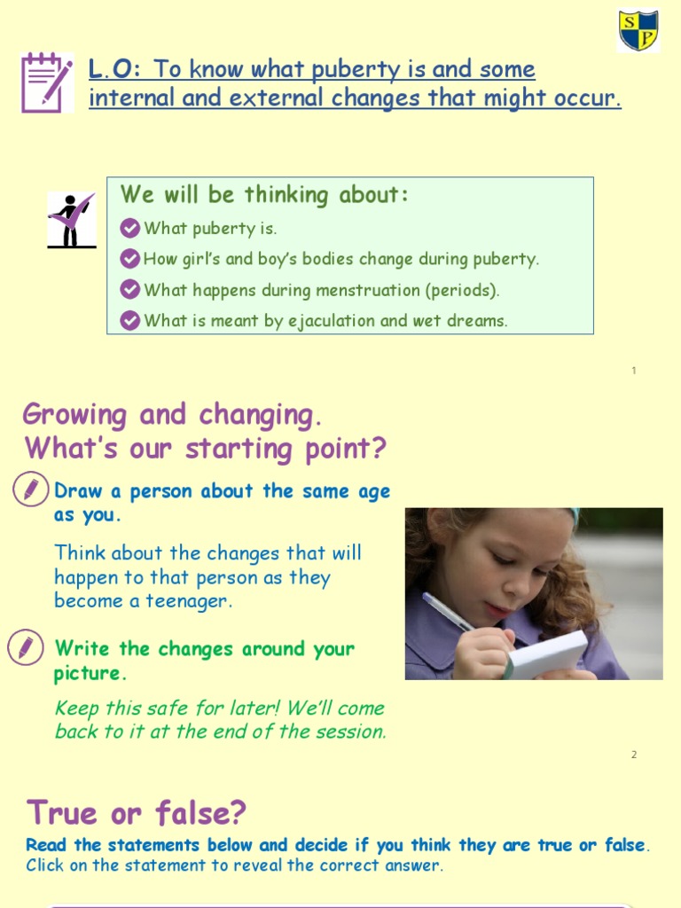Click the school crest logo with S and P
638,31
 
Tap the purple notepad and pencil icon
46,82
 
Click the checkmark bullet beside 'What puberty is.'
130,229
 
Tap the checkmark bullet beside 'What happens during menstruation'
130,290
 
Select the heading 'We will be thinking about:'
264,195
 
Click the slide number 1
634,371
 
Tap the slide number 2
634,755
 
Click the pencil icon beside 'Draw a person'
31,489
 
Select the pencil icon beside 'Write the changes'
25,647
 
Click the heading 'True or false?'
137,812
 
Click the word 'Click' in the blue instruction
45,865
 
